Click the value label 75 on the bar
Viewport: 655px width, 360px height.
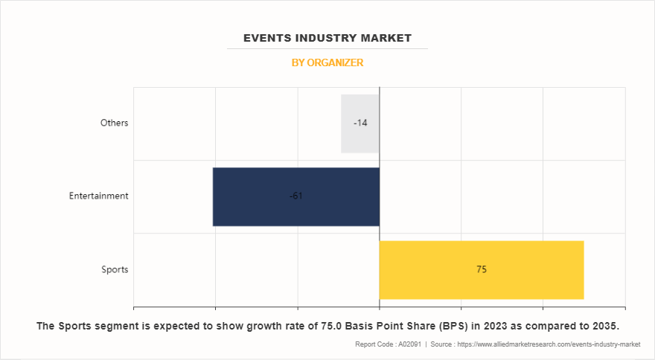[482, 269]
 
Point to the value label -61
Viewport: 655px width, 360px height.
[295, 196]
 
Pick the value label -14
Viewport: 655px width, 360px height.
[360, 123]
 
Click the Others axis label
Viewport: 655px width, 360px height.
[115, 123]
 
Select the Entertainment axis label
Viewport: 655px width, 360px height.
[99, 196]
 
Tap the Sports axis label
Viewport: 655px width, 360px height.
[115, 269]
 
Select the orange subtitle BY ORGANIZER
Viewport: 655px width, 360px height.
[327, 63]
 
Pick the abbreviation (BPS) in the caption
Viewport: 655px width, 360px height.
[446, 327]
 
